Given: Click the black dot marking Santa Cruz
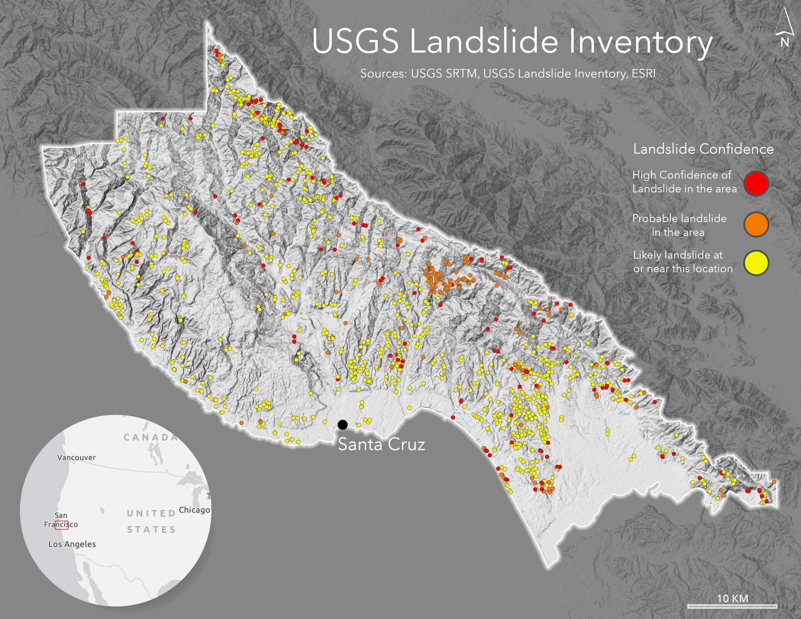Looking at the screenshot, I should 343,425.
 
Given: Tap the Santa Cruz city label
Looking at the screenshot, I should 381,444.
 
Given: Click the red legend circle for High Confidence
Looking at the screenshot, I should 756,183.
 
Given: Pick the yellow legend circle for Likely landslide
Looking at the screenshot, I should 756,263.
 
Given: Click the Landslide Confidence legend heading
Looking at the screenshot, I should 703,149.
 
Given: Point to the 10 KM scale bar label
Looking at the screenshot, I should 732,598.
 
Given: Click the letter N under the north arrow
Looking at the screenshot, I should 784,43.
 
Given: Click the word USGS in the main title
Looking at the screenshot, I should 355,41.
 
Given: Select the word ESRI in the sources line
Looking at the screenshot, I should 643,74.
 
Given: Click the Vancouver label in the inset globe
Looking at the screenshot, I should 76,458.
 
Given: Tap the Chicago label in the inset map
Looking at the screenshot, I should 194,510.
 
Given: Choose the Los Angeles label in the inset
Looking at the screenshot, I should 72,544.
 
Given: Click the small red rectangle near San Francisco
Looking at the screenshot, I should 62,525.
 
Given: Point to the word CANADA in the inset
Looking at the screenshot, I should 151,437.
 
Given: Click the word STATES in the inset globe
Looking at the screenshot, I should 151,529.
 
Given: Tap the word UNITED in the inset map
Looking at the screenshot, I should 151,513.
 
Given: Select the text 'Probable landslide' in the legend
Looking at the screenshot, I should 679,219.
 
